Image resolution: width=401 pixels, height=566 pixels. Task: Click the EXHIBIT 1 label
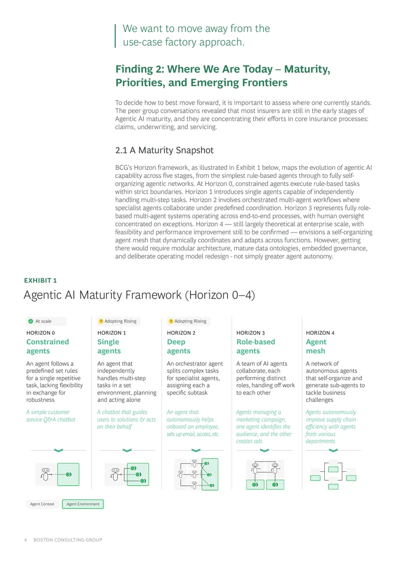point(41,280)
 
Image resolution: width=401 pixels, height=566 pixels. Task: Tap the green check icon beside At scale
point(31,321)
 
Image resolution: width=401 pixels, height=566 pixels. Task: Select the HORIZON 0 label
point(41,333)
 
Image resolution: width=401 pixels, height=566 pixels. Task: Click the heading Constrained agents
point(47,346)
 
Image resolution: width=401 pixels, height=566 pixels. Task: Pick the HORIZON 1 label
point(112,333)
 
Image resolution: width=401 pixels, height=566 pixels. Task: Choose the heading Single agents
point(109,346)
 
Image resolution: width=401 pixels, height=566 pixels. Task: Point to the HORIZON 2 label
point(181,333)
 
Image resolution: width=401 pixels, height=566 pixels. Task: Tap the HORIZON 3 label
point(251,333)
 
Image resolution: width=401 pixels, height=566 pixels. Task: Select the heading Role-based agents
point(256,346)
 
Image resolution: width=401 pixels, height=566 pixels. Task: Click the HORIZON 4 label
point(320,333)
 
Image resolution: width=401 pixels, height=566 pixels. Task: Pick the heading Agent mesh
point(316,346)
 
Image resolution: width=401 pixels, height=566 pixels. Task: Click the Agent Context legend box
point(42,504)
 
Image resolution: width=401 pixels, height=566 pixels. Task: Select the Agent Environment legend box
point(83,504)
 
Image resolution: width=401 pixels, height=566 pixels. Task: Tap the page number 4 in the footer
point(25,540)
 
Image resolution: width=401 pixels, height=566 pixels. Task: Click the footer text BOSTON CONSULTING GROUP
point(68,540)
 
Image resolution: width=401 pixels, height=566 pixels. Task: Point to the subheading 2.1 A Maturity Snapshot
point(164,150)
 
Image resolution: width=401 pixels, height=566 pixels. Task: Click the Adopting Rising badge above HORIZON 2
point(187,321)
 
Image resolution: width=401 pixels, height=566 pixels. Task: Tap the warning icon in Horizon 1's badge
point(101,321)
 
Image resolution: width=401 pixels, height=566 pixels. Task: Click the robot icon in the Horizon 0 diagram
point(45,474)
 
